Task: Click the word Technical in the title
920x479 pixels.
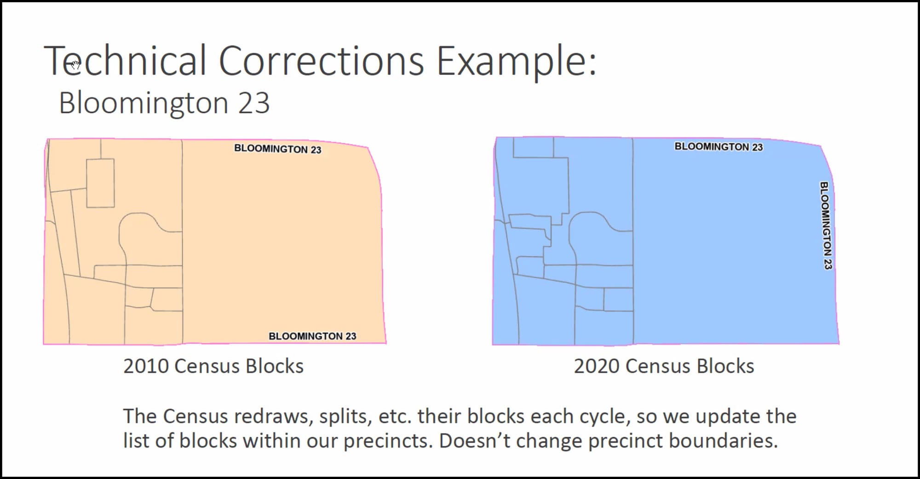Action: pyautogui.click(x=125, y=61)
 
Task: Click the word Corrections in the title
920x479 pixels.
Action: pyautogui.click(x=321, y=61)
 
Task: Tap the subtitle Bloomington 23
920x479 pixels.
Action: pyautogui.click(x=164, y=103)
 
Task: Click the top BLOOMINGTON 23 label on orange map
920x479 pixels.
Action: pyautogui.click(x=278, y=149)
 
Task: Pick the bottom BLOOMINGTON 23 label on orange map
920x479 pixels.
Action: pyautogui.click(x=312, y=336)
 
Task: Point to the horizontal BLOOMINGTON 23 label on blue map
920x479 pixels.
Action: pyautogui.click(x=719, y=146)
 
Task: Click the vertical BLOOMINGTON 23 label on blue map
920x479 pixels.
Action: pyautogui.click(x=826, y=225)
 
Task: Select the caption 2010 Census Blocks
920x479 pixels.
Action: pyautogui.click(x=213, y=366)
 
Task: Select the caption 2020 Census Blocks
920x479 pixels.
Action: pyautogui.click(x=664, y=366)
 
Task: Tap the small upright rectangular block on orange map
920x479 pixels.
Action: pyautogui.click(x=100, y=183)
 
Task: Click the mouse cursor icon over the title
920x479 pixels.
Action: pyautogui.click(x=75, y=64)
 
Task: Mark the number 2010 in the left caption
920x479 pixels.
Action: pyautogui.click(x=146, y=366)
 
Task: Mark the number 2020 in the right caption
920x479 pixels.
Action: pyautogui.click(x=597, y=366)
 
